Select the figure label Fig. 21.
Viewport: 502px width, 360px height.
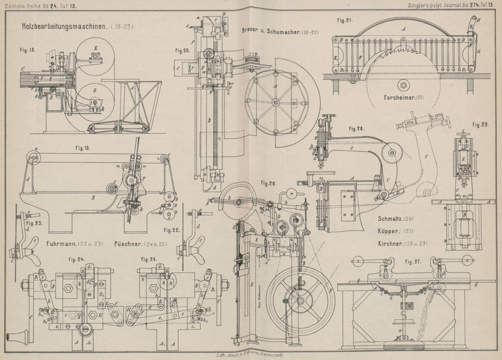click(344, 19)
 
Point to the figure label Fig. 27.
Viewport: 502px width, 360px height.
click(414, 261)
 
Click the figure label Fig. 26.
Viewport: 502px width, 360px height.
click(269, 184)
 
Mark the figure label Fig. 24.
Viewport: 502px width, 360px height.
click(77, 258)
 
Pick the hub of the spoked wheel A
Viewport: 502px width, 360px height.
click(275, 102)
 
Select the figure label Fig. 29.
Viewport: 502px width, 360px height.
click(480, 125)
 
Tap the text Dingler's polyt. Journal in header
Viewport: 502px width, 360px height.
click(443, 5)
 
